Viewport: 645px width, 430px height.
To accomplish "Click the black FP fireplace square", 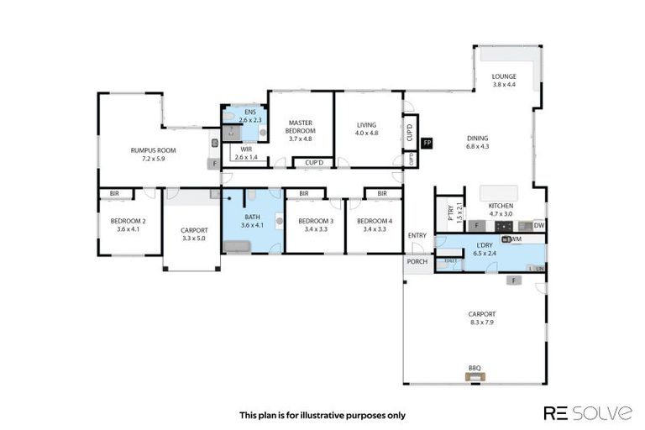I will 427,144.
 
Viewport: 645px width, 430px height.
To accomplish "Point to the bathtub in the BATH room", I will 238,246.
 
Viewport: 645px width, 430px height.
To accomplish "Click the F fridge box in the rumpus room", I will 215,163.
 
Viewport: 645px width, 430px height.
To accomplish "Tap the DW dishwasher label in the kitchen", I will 539,225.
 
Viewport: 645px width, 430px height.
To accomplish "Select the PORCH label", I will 417,262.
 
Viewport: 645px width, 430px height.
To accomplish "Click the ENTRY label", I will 417,235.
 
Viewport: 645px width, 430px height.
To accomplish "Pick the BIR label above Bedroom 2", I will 114,193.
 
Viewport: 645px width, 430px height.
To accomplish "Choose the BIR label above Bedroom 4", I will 382,193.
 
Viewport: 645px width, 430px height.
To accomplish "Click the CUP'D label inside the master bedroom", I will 314,162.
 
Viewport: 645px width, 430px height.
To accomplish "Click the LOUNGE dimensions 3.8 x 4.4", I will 504,85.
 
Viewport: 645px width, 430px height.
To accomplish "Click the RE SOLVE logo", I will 588,413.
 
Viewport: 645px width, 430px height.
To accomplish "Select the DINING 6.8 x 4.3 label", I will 478,144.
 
